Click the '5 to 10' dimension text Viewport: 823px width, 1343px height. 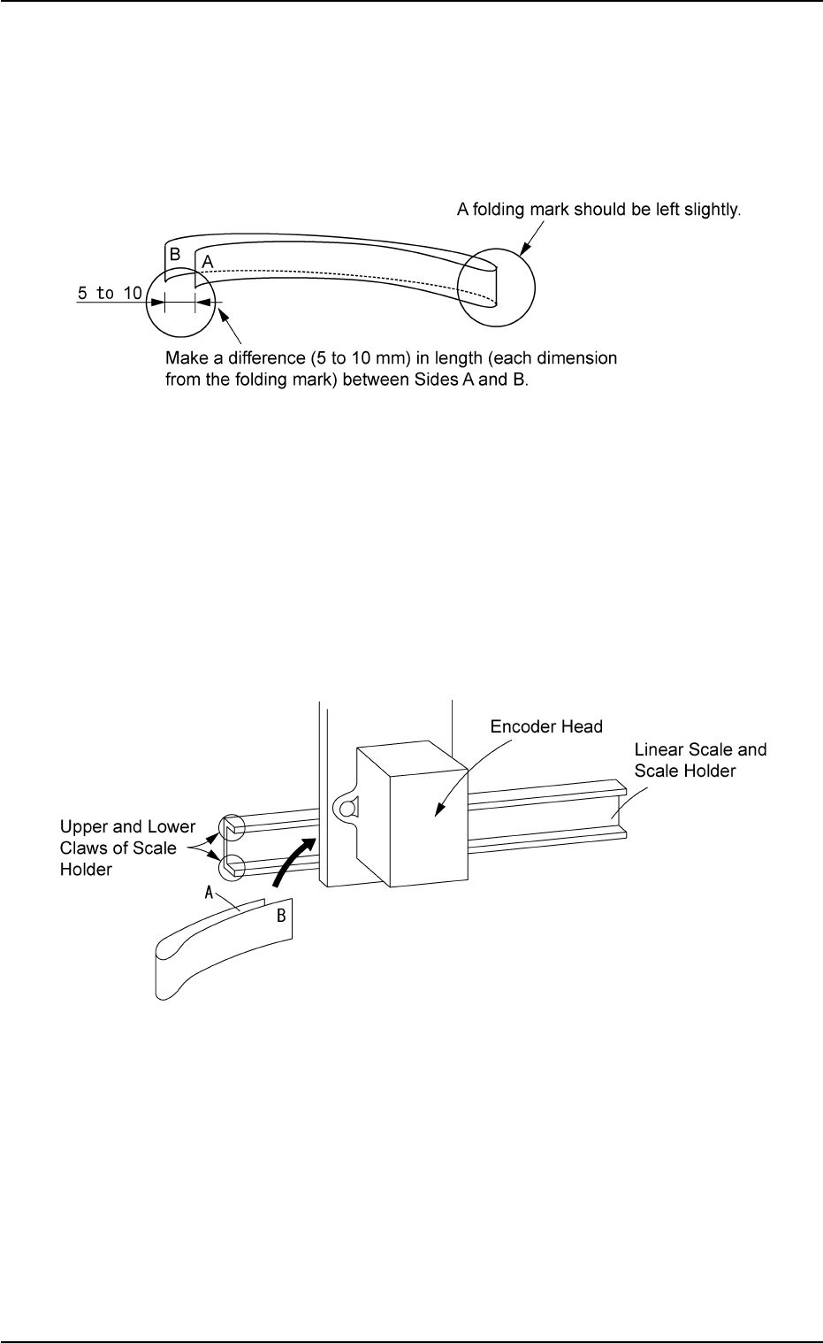pos(109,293)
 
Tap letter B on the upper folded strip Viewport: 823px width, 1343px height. pos(175,254)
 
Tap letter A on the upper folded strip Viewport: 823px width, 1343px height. pos(208,262)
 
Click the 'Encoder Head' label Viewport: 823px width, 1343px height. pos(546,727)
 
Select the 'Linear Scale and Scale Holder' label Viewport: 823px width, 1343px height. pos(700,760)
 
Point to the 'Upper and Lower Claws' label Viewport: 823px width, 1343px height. pos(127,848)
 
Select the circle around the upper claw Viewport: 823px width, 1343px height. pos(232,829)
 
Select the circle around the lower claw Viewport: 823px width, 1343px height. pos(232,866)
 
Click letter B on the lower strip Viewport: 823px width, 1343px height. pos(281,916)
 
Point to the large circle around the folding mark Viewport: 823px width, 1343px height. pos(497,284)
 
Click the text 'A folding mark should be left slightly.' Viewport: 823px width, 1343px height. pos(598,211)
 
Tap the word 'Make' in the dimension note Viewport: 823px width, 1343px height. pos(183,359)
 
